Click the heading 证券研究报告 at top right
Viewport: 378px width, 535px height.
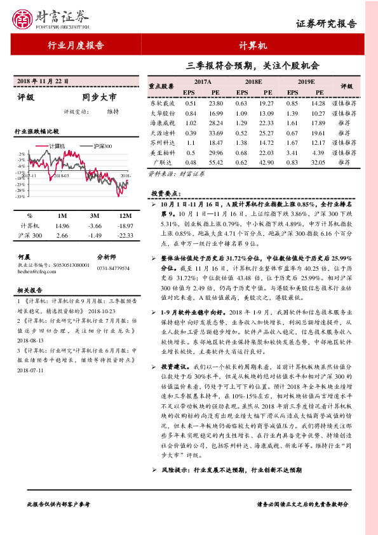click(x=327, y=24)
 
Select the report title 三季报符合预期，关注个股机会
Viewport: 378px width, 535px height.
click(x=253, y=65)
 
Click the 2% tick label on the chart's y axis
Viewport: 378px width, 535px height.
click(x=23, y=154)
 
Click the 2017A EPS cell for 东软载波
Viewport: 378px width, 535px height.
click(x=190, y=103)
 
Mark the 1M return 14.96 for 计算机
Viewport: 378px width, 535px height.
click(x=62, y=226)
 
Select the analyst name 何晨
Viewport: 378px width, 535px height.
click(x=25, y=257)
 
